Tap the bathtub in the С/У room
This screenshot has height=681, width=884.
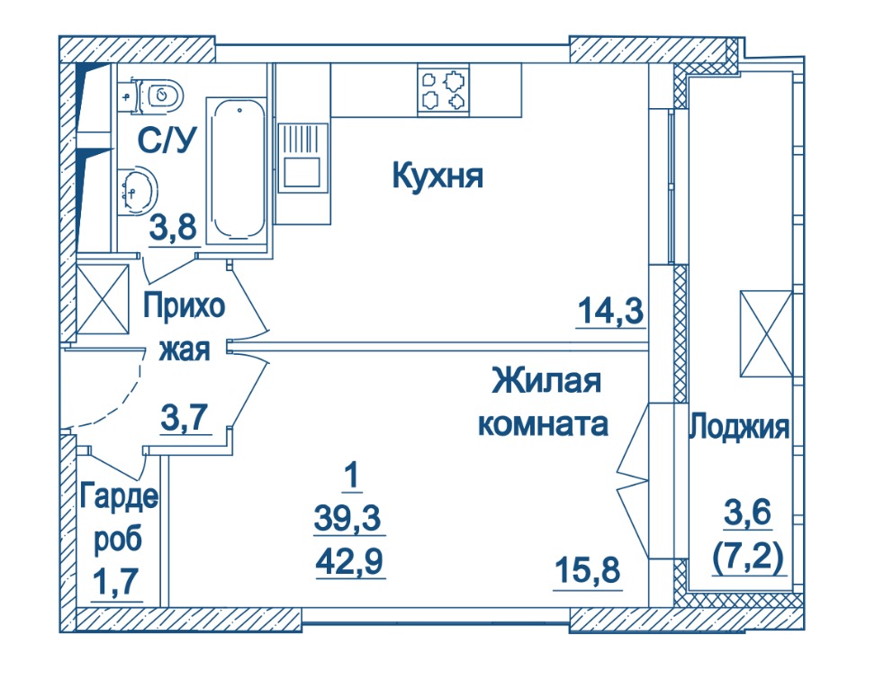pyautogui.click(x=236, y=170)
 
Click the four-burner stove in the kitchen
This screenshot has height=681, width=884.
pyautogui.click(x=443, y=90)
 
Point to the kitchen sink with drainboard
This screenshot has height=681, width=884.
pyautogui.click(x=302, y=156)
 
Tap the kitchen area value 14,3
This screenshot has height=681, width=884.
pyautogui.click(x=610, y=311)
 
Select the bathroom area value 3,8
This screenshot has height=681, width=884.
pyautogui.click(x=173, y=228)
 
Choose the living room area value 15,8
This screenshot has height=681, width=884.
pyautogui.click(x=588, y=570)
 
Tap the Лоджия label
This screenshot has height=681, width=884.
pyautogui.click(x=739, y=426)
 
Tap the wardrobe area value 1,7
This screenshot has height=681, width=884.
pyautogui.click(x=115, y=582)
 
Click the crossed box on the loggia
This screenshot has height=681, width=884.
pyautogui.click(x=766, y=333)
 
